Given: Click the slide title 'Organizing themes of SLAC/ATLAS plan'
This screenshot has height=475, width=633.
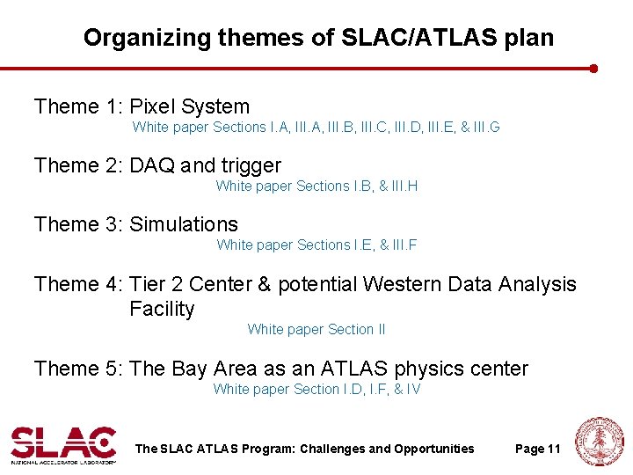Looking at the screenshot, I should click(x=318, y=38).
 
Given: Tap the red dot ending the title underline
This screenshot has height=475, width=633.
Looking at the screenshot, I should click(x=594, y=68).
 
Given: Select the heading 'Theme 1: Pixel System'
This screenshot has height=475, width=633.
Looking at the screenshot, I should click(x=142, y=107).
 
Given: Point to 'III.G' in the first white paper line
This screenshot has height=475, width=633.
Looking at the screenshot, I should click(x=486, y=128).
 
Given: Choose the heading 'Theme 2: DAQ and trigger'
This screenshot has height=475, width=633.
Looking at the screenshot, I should click(x=157, y=165).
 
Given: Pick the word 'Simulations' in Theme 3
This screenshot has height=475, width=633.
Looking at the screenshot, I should click(x=183, y=224).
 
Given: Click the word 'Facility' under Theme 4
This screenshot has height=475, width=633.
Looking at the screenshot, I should click(x=162, y=309).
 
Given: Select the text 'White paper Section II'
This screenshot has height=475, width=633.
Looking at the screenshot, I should click(x=316, y=330).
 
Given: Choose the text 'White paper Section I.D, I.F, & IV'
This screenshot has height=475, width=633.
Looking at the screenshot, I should click(x=316, y=390).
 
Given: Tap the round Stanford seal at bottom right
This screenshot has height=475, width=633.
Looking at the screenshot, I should click(x=599, y=442).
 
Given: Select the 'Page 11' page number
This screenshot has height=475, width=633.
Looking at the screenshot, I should click(x=537, y=449).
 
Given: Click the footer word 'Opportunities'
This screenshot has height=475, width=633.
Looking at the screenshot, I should click(x=430, y=449).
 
